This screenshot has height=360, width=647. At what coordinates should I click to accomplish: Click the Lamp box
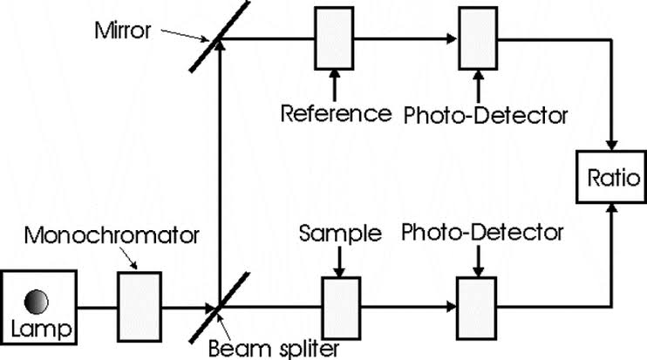(x=38, y=308)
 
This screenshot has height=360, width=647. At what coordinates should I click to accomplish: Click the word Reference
(x=336, y=113)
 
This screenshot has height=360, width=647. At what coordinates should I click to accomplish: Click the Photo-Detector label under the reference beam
(x=487, y=113)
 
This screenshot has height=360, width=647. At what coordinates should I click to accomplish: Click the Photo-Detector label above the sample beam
(x=483, y=233)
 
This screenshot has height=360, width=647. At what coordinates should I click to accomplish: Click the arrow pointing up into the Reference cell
(x=333, y=82)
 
